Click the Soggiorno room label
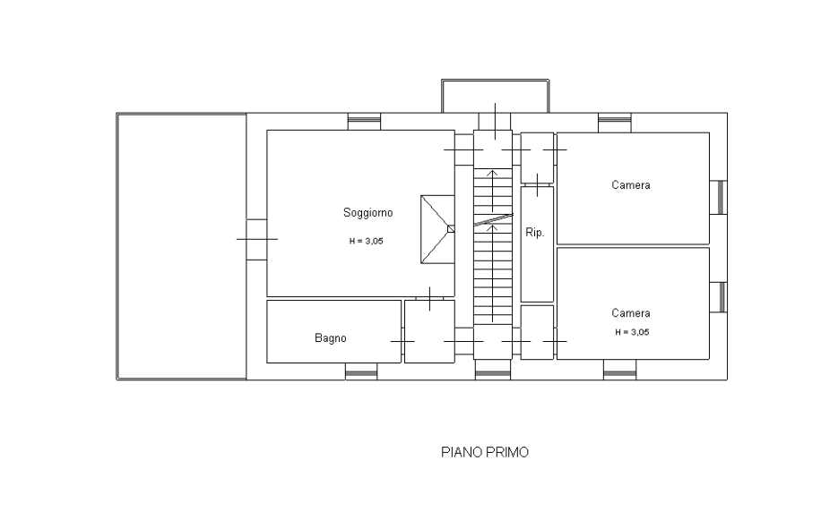[x=367, y=213]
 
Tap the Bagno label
[x=331, y=337]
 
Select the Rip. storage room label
[x=534, y=233]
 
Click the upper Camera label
[x=630, y=184]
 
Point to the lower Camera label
[x=630, y=312]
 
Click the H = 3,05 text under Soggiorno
[x=366, y=241]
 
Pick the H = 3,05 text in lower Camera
[x=632, y=332]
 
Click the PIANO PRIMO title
[x=485, y=452]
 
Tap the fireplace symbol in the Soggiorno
[x=437, y=229]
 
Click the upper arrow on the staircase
[x=492, y=191]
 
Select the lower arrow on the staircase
[x=492, y=273]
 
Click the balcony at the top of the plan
[x=496, y=97]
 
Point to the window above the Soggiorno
[x=365, y=122]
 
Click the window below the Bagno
[x=361, y=371]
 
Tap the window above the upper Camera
[x=615, y=122]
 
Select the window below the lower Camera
[x=620, y=370]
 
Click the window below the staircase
[x=493, y=370]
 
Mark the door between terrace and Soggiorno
[x=256, y=240]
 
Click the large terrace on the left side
[x=182, y=246]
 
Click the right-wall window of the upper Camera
[x=719, y=197]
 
